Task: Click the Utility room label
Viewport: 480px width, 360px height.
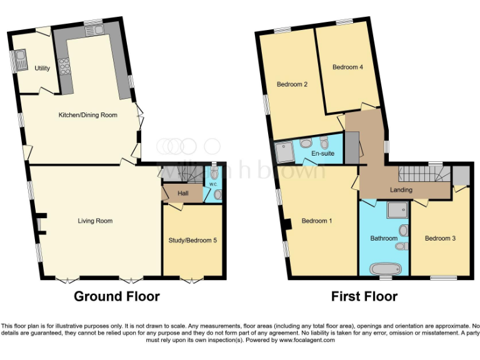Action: tap(42, 68)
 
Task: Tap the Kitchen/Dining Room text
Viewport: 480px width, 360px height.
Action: tap(87, 115)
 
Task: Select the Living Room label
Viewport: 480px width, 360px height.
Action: tap(95, 221)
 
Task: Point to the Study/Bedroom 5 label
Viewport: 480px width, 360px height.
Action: tap(192, 240)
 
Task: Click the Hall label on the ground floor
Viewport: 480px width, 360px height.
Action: tap(182, 193)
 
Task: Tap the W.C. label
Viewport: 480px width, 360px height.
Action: tap(213, 184)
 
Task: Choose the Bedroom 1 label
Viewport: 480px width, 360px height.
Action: tap(317, 221)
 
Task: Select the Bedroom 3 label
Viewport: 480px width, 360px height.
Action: tap(440, 238)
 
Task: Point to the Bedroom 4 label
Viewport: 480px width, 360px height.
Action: tap(347, 67)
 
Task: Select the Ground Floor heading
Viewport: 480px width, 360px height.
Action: tap(117, 296)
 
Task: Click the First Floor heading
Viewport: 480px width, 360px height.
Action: tap(364, 296)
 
